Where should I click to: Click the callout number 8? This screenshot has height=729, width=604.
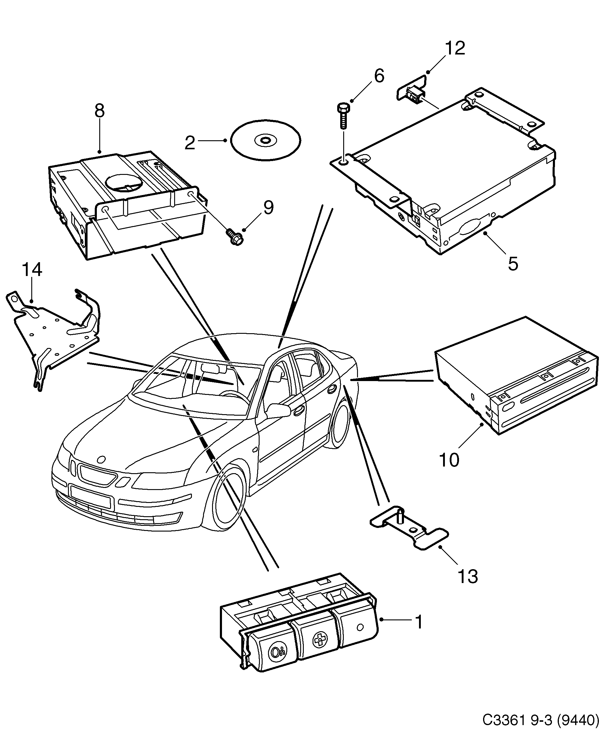pos(99,111)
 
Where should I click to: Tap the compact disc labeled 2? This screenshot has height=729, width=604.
pos(265,141)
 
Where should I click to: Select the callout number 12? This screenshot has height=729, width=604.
pos(455,48)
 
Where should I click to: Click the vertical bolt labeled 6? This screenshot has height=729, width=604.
pos(342,116)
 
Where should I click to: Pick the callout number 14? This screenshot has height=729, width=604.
pos(32,270)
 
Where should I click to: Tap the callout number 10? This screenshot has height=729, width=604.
pos(449,460)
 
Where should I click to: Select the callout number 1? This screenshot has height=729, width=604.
pos(419,622)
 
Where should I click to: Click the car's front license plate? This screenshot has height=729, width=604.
pos(90,497)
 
